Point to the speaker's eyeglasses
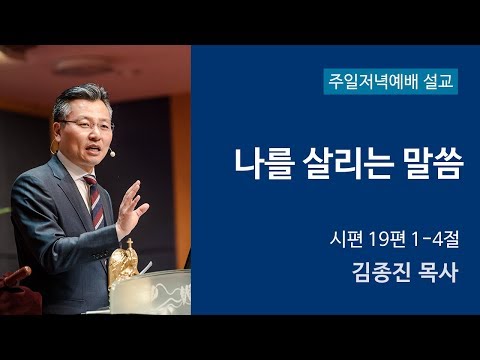point(85,124)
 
